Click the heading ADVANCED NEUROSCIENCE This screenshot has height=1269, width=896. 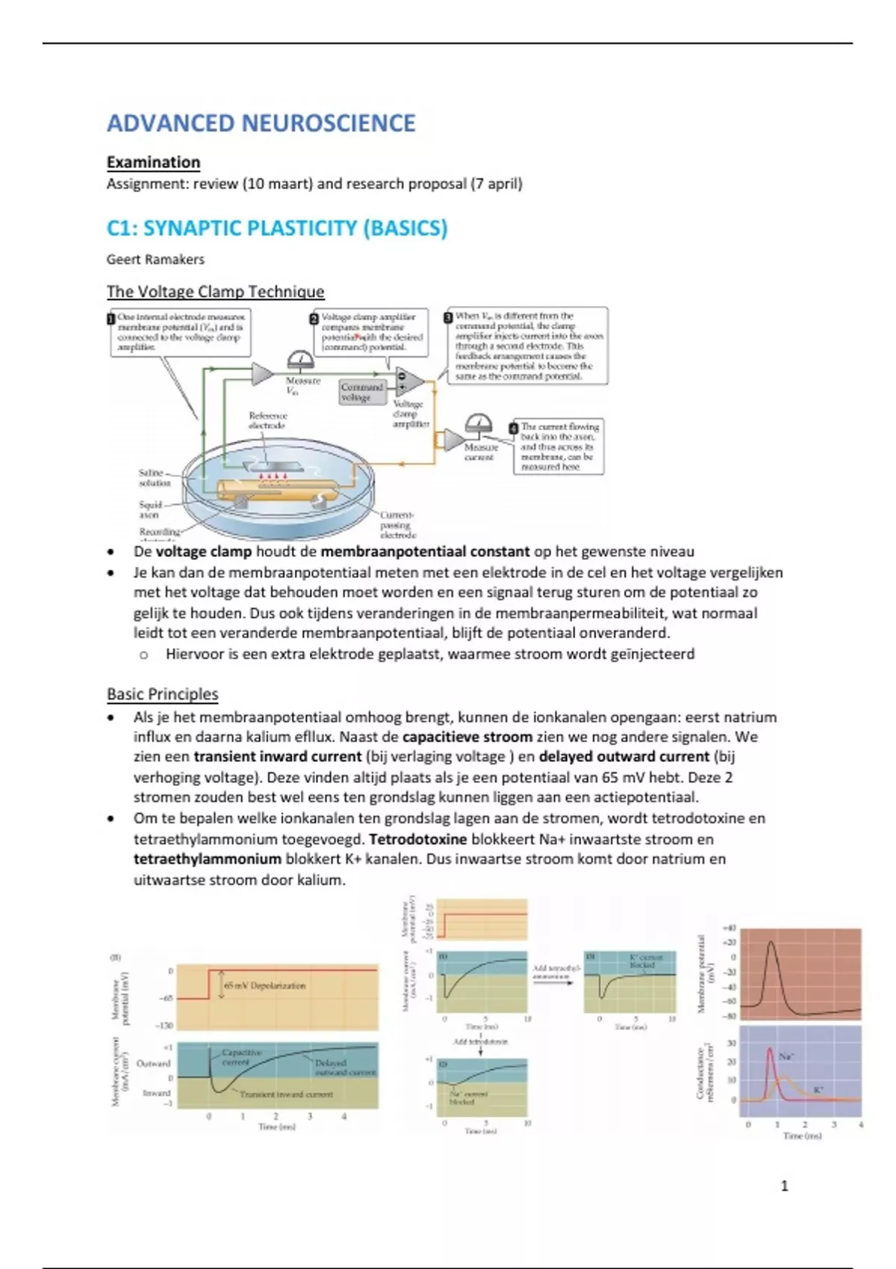click(x=261, y=123)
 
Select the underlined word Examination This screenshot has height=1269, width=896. click(x=153, y=162)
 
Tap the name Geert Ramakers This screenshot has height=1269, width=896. click(x=155, y=260)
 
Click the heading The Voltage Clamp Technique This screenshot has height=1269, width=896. click(x=215, y=292)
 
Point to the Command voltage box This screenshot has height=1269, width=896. click(x=361, y=392)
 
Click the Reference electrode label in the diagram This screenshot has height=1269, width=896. click(x=267, y=420)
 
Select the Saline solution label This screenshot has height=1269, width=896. click(x=154, y=478)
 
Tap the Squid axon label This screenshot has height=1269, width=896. click(x=150, y=510)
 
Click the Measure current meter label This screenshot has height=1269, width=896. click(x=480, y=452)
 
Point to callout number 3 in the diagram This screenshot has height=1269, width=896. click(x=449, y=317)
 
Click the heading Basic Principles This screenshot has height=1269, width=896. click(x=162, y=694)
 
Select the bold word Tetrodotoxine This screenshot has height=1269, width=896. click(x=417, y=839)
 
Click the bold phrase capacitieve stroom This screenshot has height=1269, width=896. click(x=467, y=738)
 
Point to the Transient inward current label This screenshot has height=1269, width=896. click(x=286, y=1094)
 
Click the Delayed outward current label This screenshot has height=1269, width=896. click(x=344, y=1067)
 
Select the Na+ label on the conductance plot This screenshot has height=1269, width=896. click(x=786, y=1056)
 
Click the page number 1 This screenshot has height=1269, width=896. click(x=784, y=1185)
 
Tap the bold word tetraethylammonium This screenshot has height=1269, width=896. click(x=208, y=859)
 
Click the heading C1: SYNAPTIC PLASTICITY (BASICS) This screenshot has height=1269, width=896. click(x=277, y=228)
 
